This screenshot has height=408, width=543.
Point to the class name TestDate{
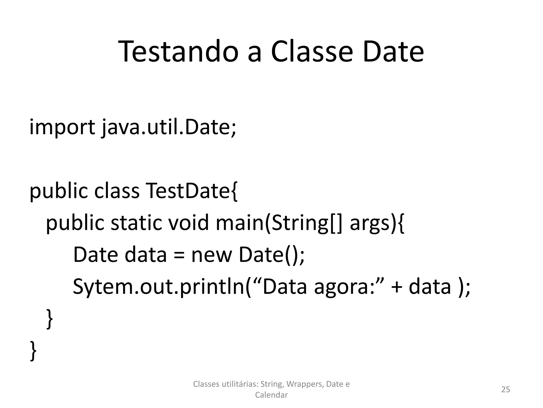coord(192,191)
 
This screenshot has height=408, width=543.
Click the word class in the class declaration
coord(117,191)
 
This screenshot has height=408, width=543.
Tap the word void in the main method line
coord(189,223)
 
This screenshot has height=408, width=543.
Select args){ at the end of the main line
coord(377,223)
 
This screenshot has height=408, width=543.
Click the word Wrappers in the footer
coord(305,384)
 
